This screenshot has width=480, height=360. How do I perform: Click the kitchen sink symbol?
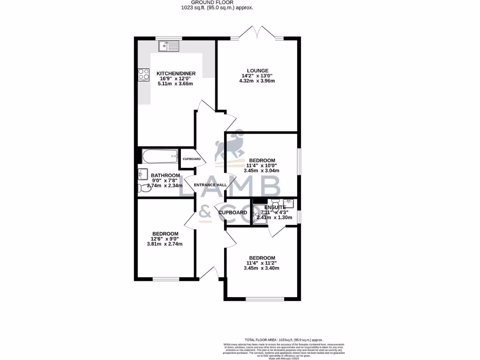(169, 45)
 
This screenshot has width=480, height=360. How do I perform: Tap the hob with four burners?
(143, 75)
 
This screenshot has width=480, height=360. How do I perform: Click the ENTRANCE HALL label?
(210, 185)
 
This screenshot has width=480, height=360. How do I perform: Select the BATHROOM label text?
(165, 175)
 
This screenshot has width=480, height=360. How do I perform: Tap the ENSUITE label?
(275, 207)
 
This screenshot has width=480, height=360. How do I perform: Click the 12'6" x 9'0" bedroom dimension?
(165, 239)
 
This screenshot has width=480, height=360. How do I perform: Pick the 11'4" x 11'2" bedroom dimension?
(262, 263)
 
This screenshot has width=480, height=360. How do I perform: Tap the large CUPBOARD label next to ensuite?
(232, 213)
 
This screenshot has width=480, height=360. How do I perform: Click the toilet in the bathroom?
(142, 188)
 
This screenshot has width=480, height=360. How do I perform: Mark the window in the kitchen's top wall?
(169, 38)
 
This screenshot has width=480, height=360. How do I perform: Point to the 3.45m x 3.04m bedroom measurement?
(262, 171)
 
